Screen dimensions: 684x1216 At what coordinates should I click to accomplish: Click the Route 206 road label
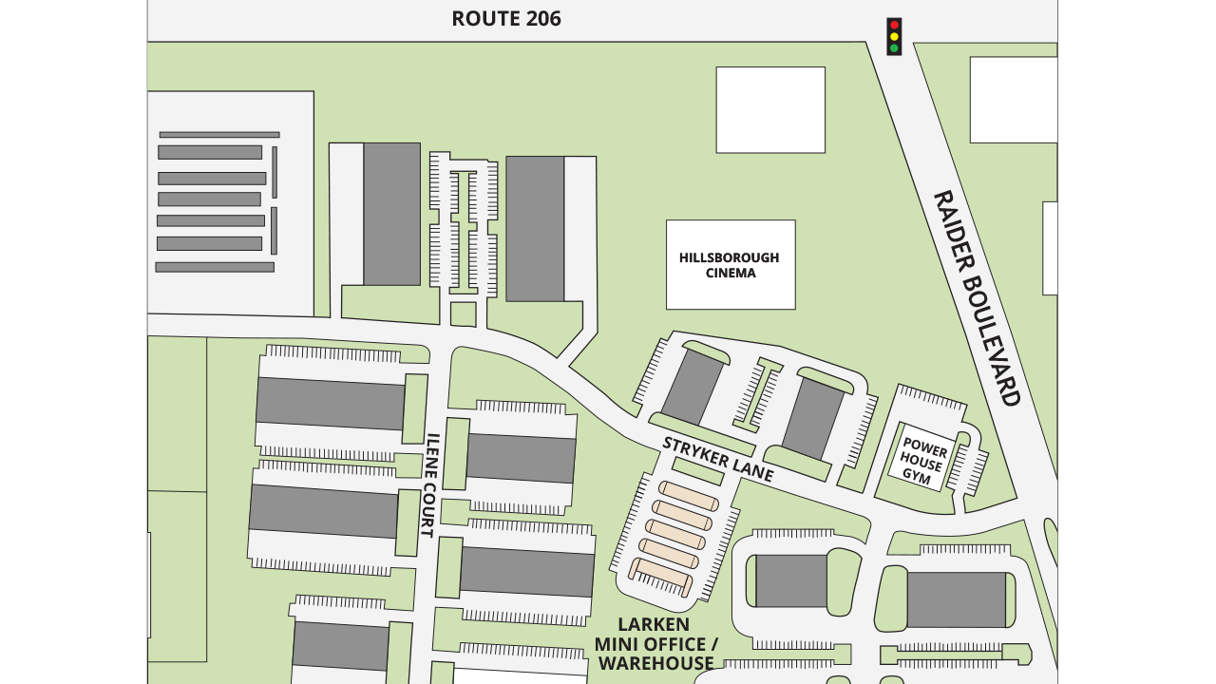click(x=505, y=19)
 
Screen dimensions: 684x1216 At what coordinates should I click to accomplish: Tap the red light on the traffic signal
click(x=894, y=26)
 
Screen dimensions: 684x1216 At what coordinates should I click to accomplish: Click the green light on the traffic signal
click(x=894, y=47)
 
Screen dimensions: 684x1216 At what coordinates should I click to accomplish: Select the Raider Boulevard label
click(x=976, y=298)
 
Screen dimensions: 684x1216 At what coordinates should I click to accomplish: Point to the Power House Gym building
click(x=921, y=459)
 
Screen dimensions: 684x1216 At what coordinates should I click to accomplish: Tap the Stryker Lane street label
click(x=718, y=459)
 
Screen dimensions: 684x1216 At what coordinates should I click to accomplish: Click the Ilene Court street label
click(x=429, y=485)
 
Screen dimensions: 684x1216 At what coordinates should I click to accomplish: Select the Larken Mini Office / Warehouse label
click(x=655, y=644)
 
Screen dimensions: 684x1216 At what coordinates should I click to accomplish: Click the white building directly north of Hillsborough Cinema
click(x=770, y=109)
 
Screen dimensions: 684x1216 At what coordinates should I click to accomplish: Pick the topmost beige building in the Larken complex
click(x=690, y=496)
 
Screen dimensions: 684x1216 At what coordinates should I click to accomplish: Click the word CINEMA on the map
click(x=731, y=274)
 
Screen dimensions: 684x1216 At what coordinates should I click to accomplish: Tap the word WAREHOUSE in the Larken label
click(x=655, y=664)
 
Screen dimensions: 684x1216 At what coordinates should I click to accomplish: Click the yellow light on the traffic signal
click(x=894, y=36)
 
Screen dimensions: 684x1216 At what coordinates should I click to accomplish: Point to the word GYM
click(x=916, y=476)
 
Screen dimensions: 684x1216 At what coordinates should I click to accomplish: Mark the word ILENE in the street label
click(x=431, y=453)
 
